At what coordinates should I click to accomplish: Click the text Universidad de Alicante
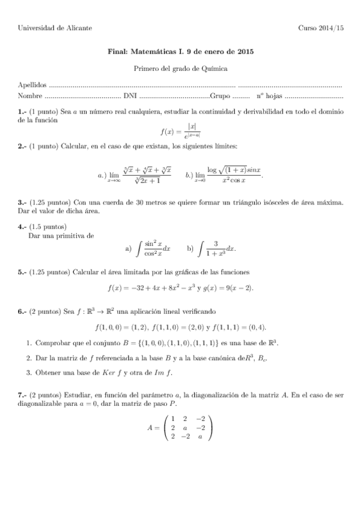point(51,28)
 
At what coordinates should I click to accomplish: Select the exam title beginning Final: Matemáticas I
point(180,52)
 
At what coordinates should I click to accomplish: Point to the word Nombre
point(30,96)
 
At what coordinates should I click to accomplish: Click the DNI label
point(129,96)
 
